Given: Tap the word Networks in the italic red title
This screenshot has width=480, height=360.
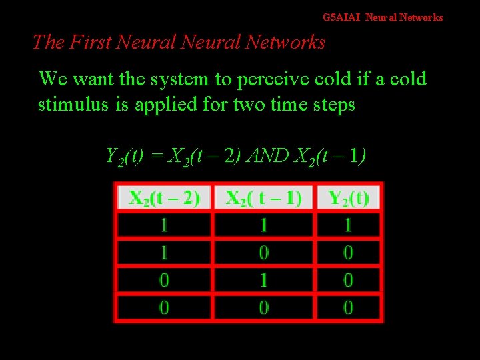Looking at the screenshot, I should coord(285,43).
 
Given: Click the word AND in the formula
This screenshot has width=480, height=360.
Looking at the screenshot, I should coord(269,156).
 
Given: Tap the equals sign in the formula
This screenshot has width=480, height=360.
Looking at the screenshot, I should coord(157,157).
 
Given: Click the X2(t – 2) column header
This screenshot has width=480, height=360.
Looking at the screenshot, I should coord(164,198).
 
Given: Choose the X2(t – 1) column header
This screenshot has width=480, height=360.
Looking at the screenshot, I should coord(263,198).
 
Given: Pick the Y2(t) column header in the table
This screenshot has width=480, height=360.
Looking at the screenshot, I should coord(348,198).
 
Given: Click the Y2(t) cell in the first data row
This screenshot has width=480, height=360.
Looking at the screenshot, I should coord(348,225).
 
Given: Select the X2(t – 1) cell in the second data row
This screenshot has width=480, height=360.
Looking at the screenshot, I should coord(263,253).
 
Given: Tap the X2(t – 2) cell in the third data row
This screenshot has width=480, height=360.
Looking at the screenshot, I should coord(164,280).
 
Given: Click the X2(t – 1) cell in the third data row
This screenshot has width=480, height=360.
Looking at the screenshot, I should coord(263,280).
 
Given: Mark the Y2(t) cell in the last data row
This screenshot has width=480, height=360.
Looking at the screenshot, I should coord(348,307).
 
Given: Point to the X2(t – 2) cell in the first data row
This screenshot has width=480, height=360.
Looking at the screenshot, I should coord(164,225).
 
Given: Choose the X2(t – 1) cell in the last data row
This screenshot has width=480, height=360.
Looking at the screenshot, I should coord(263,307).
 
